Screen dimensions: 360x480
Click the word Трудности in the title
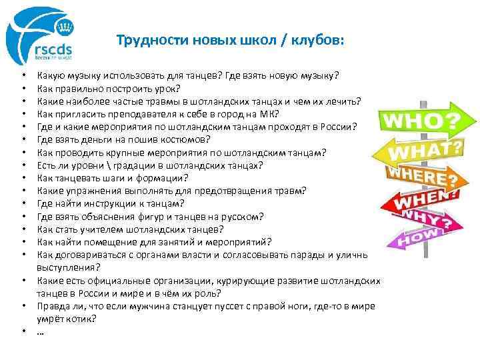143,40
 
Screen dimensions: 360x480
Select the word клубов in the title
316,40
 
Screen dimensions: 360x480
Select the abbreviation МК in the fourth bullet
269,113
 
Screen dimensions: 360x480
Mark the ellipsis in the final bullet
41,331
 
